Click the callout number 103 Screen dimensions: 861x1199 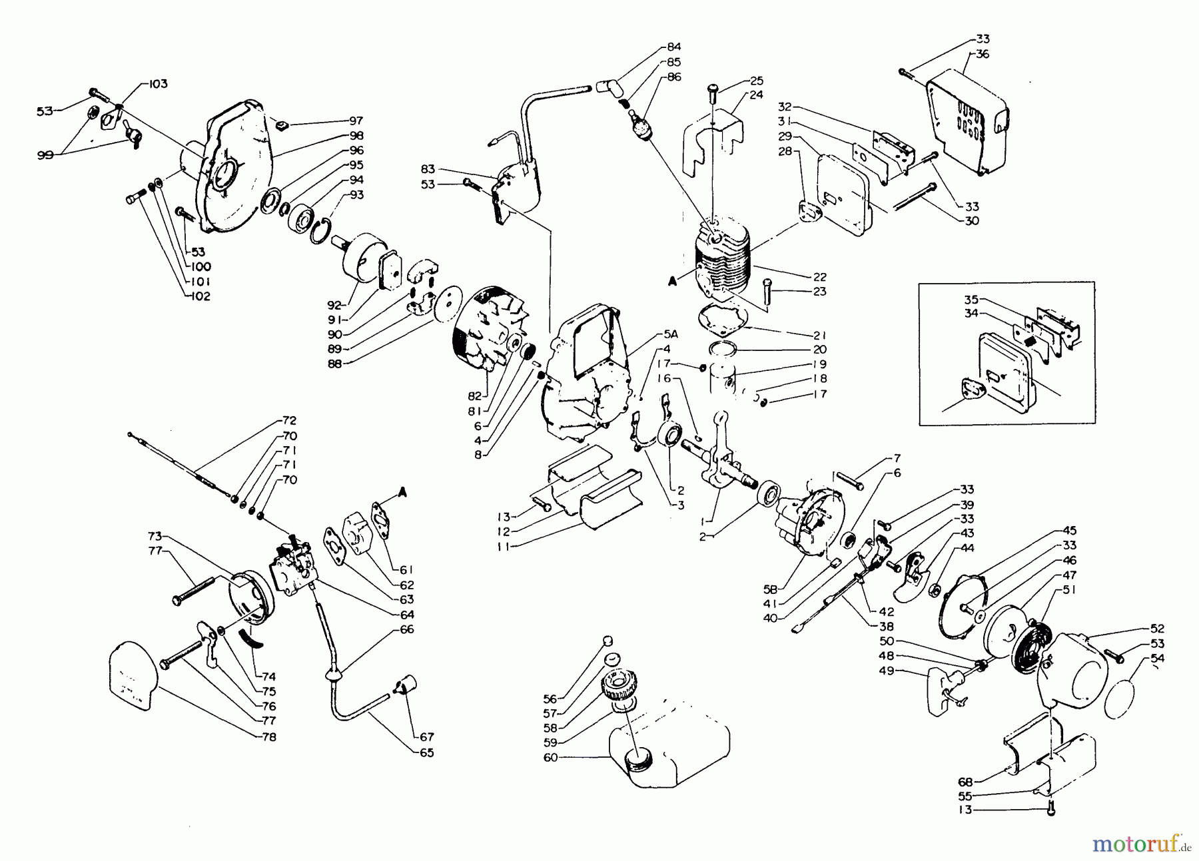[157, 84]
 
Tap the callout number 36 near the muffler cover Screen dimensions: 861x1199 [983, 54]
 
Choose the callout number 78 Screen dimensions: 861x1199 [268, 737]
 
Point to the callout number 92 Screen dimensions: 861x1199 [335, 305]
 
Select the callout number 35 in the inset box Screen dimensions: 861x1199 [971, 299]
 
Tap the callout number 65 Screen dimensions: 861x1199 [426, 752]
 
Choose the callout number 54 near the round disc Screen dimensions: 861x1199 [1158, 659]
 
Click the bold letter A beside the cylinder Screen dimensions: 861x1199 [673, 282]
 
